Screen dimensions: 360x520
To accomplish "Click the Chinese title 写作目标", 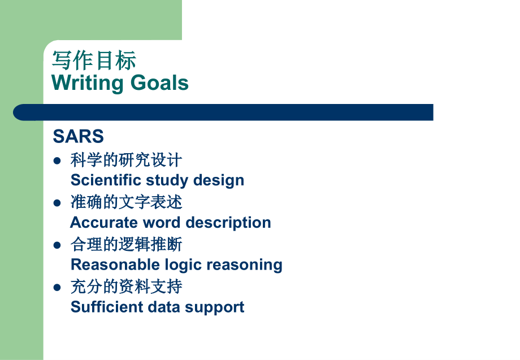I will (x=94, y=60).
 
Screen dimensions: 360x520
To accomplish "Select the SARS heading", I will (x=78, y=136).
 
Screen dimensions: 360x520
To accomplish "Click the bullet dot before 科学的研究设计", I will (x=57, y=161).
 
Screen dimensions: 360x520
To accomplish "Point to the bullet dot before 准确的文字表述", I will (x=57, y=202).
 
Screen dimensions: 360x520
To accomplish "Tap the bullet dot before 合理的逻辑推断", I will (x=57, y=245).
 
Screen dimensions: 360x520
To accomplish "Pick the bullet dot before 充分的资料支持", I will (x=57, y=287).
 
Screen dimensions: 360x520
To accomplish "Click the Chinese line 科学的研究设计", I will (x=126, y=161).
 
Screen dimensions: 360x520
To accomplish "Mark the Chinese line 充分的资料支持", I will (x=126, y=287).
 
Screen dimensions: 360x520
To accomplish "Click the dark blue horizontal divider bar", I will (x=226, y=112).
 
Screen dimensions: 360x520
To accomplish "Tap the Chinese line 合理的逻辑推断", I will (x=126, y=245).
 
